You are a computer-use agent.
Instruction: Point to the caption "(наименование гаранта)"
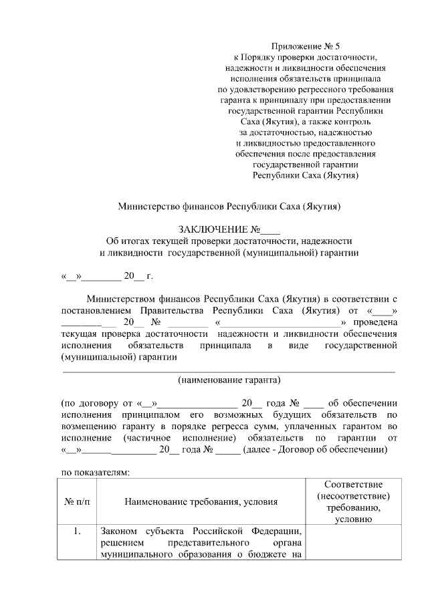coord(229,380)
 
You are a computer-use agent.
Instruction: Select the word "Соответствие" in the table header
coord(353,483)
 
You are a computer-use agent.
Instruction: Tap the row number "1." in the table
coord(78,531)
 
